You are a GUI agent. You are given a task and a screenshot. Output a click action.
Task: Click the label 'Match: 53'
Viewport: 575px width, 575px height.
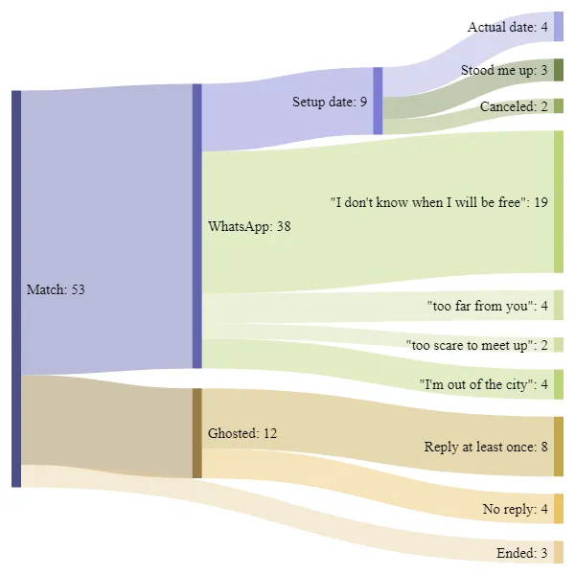(x=56, y=289)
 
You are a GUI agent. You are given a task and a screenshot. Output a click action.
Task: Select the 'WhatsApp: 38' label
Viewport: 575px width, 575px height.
(x=249, y=227)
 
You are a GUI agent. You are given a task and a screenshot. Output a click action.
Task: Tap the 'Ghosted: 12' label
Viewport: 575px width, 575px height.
(x=242, y=434)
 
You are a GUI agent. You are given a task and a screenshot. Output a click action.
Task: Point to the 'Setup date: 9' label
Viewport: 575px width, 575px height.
(x=330, y=101)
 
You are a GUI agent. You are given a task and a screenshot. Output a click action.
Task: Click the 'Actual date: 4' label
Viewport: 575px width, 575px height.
(x=508, y=27)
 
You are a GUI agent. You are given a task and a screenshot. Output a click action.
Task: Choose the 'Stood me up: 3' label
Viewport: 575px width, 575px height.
(x=504, y=70)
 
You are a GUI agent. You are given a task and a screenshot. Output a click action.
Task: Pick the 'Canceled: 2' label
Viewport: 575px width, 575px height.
(x=514, y=106)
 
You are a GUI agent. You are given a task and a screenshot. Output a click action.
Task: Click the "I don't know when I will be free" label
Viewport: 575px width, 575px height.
(x=439, y=202)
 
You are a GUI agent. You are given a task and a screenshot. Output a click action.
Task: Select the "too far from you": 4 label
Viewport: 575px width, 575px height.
(x=488, y=307)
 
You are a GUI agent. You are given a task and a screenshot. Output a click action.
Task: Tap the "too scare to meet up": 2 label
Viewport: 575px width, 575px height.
(x=477, y=345)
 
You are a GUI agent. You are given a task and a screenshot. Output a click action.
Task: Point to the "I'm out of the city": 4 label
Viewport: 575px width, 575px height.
(x=484, y=384)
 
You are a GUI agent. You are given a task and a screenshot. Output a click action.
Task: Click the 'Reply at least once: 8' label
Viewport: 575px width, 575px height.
(x=486, y=447)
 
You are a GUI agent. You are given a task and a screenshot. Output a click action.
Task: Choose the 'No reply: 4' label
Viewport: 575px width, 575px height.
(x=516, y=509)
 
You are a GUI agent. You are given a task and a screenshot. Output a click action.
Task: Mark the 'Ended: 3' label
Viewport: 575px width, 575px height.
(x=522, y=553)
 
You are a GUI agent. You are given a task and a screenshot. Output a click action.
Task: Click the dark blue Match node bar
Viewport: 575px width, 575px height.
(x=15, y=288)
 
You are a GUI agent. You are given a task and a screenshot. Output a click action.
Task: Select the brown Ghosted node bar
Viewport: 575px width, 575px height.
(x=196, y=432)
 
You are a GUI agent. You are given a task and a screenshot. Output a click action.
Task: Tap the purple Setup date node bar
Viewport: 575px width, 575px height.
(x=378, y=100)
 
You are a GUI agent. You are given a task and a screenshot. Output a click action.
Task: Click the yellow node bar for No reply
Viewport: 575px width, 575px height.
(x=558, y=508)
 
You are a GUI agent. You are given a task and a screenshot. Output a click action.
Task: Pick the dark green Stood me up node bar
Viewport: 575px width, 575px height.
(x=558, y=70)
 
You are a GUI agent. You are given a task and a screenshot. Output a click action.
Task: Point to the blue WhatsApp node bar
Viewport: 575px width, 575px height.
(x=196, y=226)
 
